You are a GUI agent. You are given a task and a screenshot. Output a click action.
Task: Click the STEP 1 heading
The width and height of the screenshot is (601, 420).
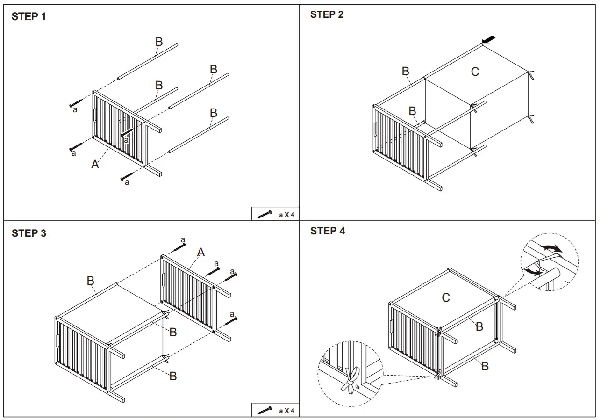tap(29, 17)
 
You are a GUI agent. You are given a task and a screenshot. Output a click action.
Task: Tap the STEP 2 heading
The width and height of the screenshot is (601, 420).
tap(327, 14)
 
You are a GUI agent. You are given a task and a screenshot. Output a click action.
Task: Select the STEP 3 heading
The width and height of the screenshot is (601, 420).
tap(29, 233)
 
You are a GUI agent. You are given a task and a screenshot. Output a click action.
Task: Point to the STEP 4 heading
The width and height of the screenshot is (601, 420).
tap(328, 231)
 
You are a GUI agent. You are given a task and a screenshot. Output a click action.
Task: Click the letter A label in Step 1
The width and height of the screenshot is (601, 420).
tap(95, 164)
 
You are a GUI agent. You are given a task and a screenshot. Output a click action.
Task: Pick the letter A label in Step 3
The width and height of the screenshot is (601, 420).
tap(200, 253)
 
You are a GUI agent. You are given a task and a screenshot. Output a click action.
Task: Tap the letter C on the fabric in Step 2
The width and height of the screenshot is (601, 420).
tap(475, 72)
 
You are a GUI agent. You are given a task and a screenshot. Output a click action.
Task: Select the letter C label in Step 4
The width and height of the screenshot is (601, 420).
tap(446, 297)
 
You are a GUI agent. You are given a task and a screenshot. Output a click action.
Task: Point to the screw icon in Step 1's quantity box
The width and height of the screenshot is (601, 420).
tap(265, 214)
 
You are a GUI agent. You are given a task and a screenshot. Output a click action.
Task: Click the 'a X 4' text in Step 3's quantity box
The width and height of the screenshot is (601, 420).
tap(286, 411)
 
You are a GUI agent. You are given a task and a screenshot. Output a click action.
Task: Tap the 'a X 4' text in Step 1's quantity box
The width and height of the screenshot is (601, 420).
tap(286, 215)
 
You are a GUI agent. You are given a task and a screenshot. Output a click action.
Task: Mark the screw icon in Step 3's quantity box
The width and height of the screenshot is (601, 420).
tap(265, 410)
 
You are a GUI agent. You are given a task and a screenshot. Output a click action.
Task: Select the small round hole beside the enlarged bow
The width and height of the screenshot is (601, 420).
tap(358, 387)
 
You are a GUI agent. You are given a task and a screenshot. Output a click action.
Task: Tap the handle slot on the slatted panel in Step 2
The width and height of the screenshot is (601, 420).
tap(375, 129)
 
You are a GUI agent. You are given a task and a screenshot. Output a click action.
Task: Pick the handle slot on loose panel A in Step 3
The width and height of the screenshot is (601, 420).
tap(164, 280)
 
